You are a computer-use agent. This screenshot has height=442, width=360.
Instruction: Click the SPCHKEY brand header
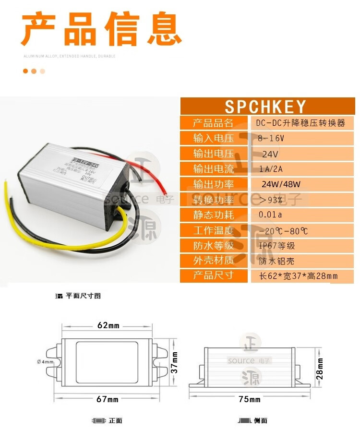pos(265,107)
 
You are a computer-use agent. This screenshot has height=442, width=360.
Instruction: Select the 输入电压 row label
pos(214,138)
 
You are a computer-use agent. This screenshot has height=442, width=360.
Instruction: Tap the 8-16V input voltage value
pos(271,138)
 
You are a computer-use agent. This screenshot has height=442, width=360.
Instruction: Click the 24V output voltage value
pos(270,154)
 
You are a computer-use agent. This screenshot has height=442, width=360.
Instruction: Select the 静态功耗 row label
pos(214,215)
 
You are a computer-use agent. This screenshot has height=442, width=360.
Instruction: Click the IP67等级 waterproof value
pos(277,245)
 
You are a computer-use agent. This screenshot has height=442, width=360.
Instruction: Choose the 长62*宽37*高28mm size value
pos(299,275)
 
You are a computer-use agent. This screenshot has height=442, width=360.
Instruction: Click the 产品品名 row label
pos(214,123)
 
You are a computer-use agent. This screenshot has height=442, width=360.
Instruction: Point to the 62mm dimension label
pos(108,325)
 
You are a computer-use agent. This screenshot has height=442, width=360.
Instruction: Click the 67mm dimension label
pos(108,399)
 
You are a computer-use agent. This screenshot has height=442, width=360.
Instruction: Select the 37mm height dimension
pos(175,362)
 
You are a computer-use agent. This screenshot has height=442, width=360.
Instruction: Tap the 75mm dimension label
pos(250,399)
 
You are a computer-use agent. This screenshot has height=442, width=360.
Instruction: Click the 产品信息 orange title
pos(101,30)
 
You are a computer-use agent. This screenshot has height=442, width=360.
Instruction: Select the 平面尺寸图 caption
pos(82,296)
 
